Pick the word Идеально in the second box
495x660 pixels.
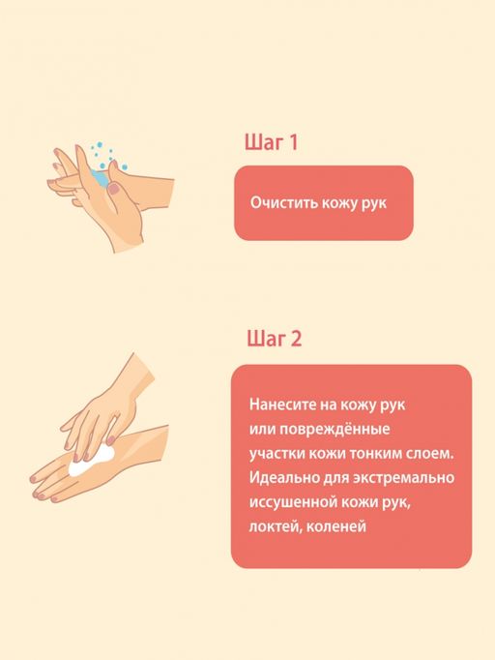coord(279,478)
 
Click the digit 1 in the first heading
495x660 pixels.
coord(292,143)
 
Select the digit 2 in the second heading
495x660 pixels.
coord(296,339)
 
